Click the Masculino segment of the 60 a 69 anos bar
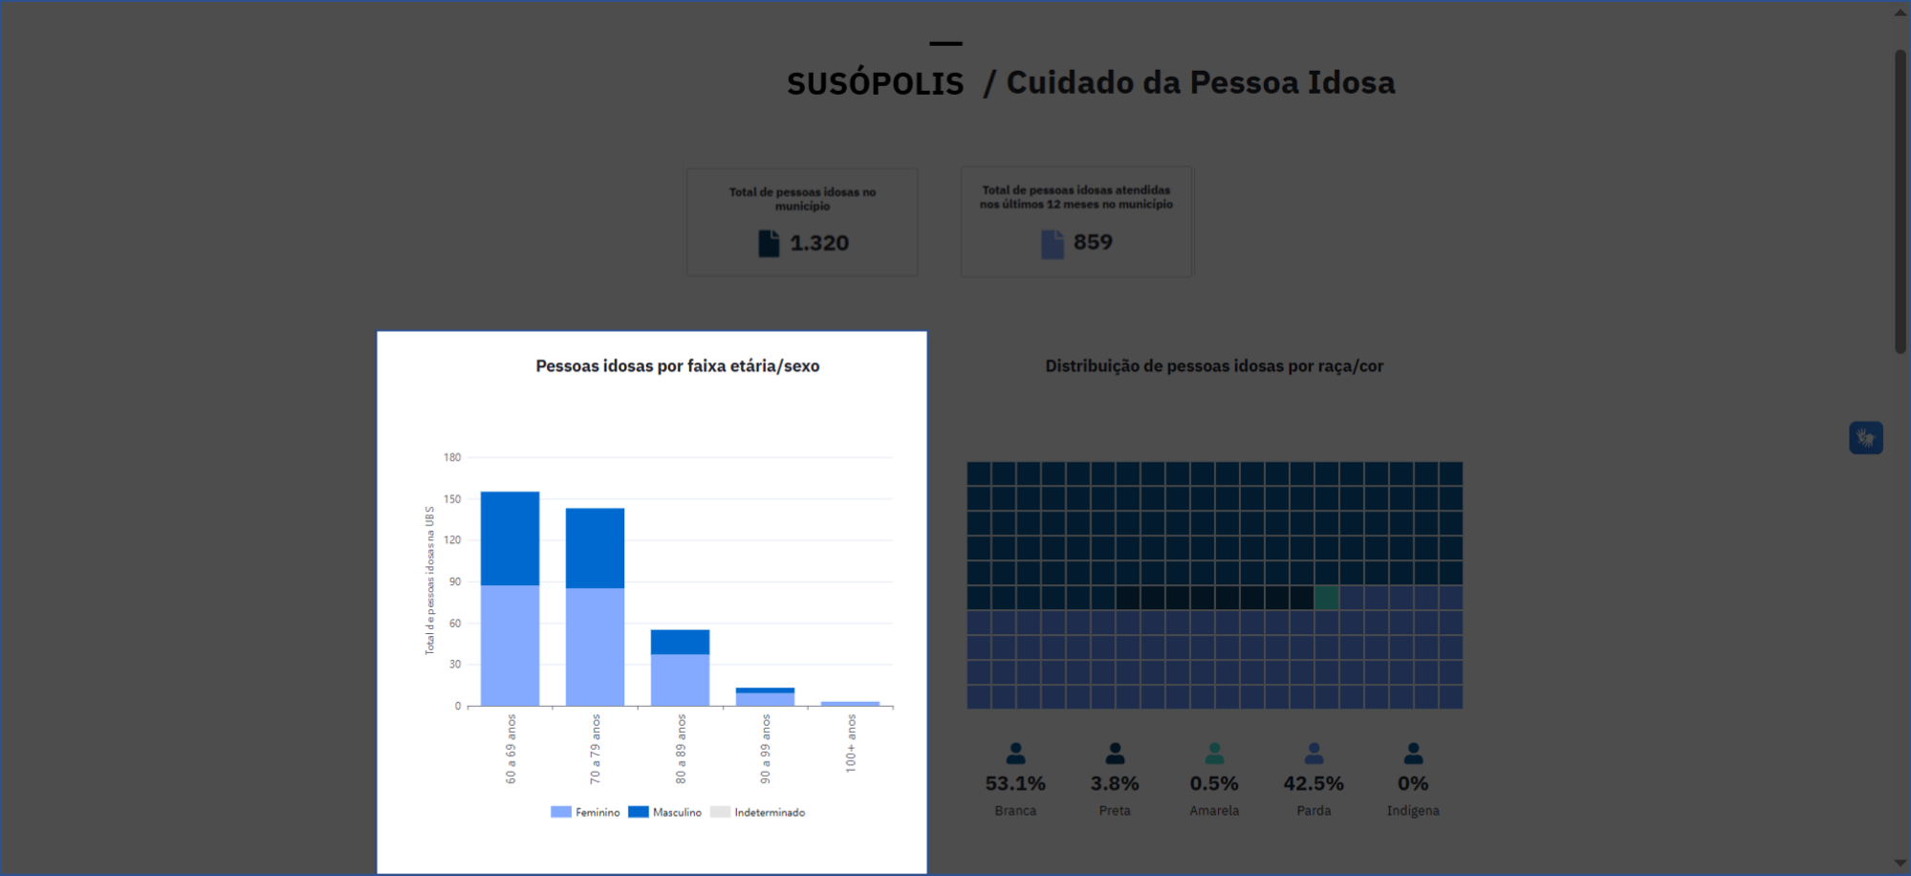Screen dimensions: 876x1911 (510, 537)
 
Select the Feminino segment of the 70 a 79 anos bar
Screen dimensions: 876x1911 (595, 646)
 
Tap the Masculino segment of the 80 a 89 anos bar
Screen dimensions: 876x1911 (680, 642)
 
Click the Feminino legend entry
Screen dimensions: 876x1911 (586, 812)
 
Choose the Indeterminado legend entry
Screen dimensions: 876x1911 (758, 812)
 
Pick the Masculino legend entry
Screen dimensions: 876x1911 (665, 812)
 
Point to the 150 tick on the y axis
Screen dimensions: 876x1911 (452, 499)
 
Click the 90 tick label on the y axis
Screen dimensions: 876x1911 (455, 581)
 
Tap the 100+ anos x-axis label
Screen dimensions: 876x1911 (851, 743)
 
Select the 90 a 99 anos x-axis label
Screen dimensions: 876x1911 (766, 749)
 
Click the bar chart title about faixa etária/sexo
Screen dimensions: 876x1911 (677, 366)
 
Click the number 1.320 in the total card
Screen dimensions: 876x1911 (819, 244)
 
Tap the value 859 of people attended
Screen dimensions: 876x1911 (1093, 243)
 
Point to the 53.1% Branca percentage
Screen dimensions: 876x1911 (1015, 784)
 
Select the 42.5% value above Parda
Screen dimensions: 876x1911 (1314, 784)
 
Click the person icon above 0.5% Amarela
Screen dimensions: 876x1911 (1214, 754)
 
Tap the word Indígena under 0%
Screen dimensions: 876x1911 (1413, 811)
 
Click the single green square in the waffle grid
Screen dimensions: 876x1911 (1326, 598)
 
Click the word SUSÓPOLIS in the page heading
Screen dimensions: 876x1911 (875, 84)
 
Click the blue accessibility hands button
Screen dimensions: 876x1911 (1865, 438)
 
